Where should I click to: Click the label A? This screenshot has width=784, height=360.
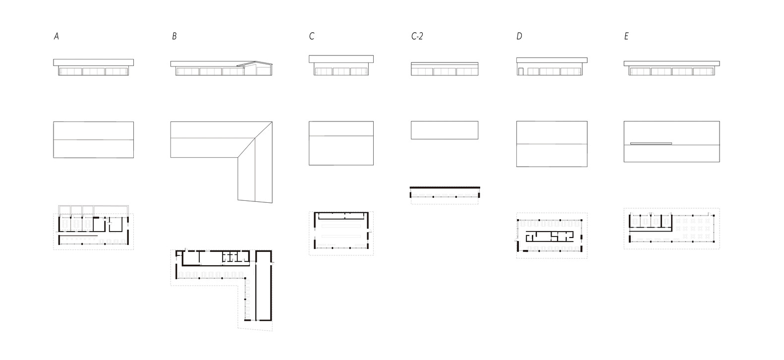[56, 36]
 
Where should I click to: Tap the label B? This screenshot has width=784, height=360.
[174, 36]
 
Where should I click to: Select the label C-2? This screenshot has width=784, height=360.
[417, 36]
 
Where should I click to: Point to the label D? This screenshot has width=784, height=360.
[519, 36]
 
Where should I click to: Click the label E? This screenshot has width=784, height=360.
[626, 36]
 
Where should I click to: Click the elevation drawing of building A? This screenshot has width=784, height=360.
[94, 67]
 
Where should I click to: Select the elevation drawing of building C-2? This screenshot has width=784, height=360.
[445, 68]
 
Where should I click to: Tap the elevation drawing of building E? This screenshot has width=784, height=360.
[672, 68]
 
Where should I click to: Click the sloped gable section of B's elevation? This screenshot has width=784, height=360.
[255, 68]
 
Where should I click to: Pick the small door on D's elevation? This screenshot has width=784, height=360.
[521, 71]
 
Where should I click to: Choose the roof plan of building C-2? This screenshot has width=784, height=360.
[445, 130]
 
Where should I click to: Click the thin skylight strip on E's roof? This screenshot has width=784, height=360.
[651, 143]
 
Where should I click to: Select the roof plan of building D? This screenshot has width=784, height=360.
[552, 144]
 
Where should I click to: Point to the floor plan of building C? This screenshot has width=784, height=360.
[341, 233]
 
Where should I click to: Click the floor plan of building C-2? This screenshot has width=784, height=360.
[445, 195]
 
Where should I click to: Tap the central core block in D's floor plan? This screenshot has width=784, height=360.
[550, 237]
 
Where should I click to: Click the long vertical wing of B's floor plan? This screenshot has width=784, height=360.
[264, 286]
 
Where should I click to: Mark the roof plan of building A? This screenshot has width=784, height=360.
[94, 140]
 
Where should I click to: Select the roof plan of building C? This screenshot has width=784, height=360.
[341, 143]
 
